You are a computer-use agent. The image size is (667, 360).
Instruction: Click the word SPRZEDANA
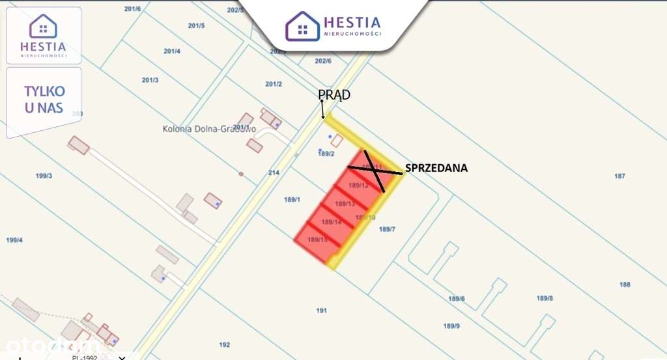tap(436, 168)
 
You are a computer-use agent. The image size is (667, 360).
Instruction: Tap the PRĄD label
tap(334, 95)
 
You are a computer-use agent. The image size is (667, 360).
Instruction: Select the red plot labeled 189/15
tap(317, 240)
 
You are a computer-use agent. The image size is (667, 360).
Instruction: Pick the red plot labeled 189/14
tap(332, 222)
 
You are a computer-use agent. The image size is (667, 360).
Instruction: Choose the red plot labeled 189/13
tap(345, 204)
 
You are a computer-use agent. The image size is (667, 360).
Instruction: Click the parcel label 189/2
tap(326, 154)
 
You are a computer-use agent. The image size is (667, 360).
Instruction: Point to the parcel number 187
tap(619, 176)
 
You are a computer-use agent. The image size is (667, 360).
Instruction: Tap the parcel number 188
tap(625, 284)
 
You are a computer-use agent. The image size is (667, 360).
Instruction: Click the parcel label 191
tap(321, 311)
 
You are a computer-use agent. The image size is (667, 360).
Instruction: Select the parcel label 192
tap(225, 344)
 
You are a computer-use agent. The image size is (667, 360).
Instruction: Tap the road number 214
tap(274, 173)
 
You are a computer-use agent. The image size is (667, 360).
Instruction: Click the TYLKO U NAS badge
tap(44, 100)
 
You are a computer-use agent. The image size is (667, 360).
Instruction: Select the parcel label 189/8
tap(545, 298)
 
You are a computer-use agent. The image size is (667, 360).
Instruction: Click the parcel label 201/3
tap(150, 80)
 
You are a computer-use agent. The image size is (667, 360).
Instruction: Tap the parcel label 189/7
tap(387, 229)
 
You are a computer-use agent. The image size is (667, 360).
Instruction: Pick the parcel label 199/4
tap(14, 240)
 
